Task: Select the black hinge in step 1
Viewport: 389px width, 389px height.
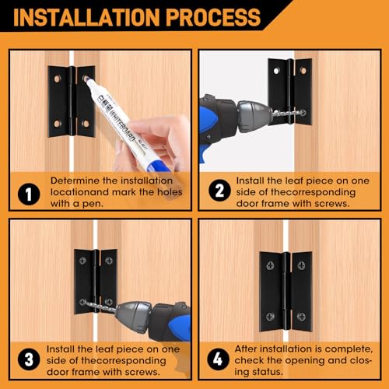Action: tap(71, 101)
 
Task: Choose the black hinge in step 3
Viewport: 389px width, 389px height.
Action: tap(96, 280)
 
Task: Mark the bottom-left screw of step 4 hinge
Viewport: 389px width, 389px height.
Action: tap(270, 317)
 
